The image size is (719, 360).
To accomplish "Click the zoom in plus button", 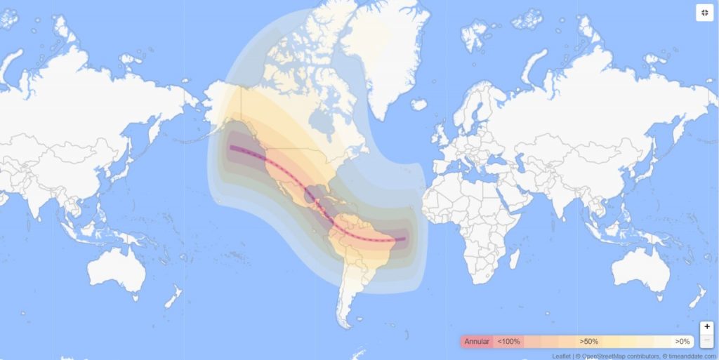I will pos(707,327).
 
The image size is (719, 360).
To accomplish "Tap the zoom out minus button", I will pos(707,340).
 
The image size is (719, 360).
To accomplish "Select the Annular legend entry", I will pos(476,341).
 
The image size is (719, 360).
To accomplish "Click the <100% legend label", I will pos(509,341).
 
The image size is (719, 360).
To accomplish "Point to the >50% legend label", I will pos(588,341).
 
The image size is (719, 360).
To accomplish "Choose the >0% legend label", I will pos(682,341).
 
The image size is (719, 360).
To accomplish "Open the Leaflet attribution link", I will pos(561,356).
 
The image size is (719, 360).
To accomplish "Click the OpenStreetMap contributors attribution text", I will pos(619,356).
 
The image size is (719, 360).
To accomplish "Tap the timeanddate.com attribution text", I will pos(692,356).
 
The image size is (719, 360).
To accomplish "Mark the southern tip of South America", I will pos(344,325).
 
